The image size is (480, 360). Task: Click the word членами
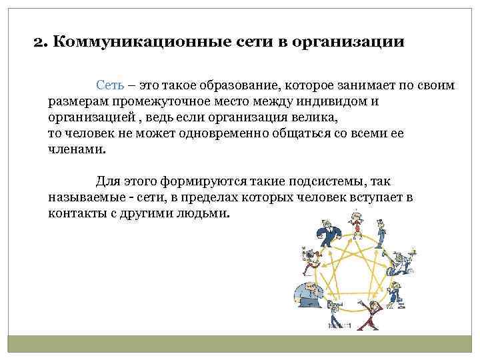pyautogui.click(x=76, y=150)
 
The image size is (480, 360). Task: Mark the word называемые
pyautogui.click(x=85, y=198)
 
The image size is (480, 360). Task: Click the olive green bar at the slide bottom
pyautogui.click(x=240, y=344)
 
